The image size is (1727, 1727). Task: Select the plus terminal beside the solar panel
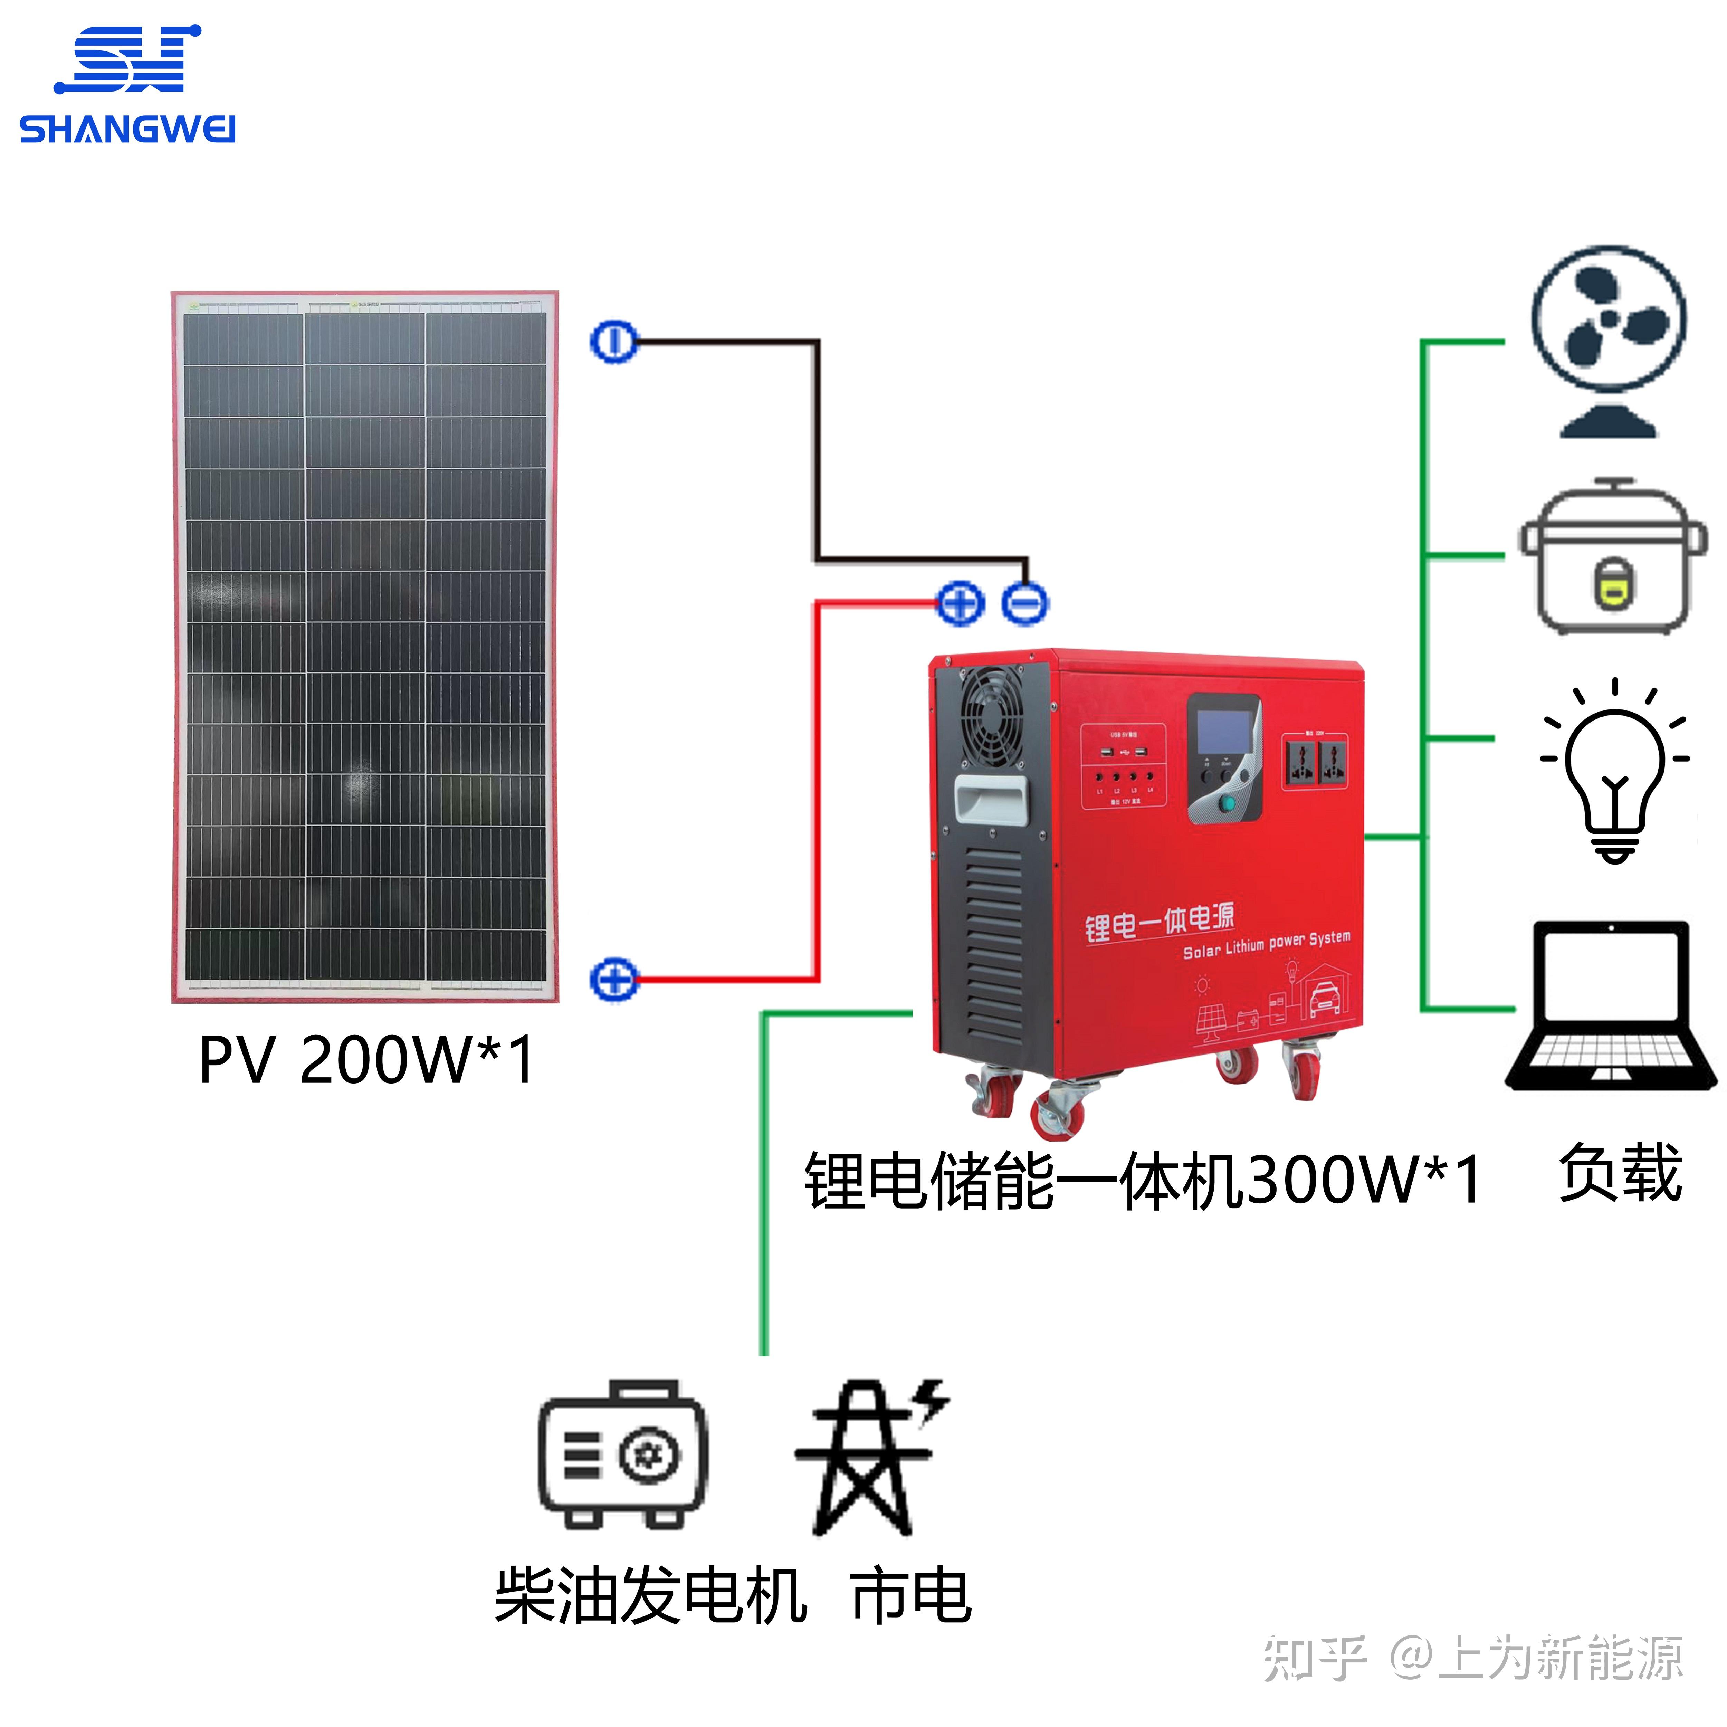coord(614,980)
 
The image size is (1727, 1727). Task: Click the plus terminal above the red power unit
coord(960,603)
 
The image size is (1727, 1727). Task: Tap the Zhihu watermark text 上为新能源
coord(1560,1658)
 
